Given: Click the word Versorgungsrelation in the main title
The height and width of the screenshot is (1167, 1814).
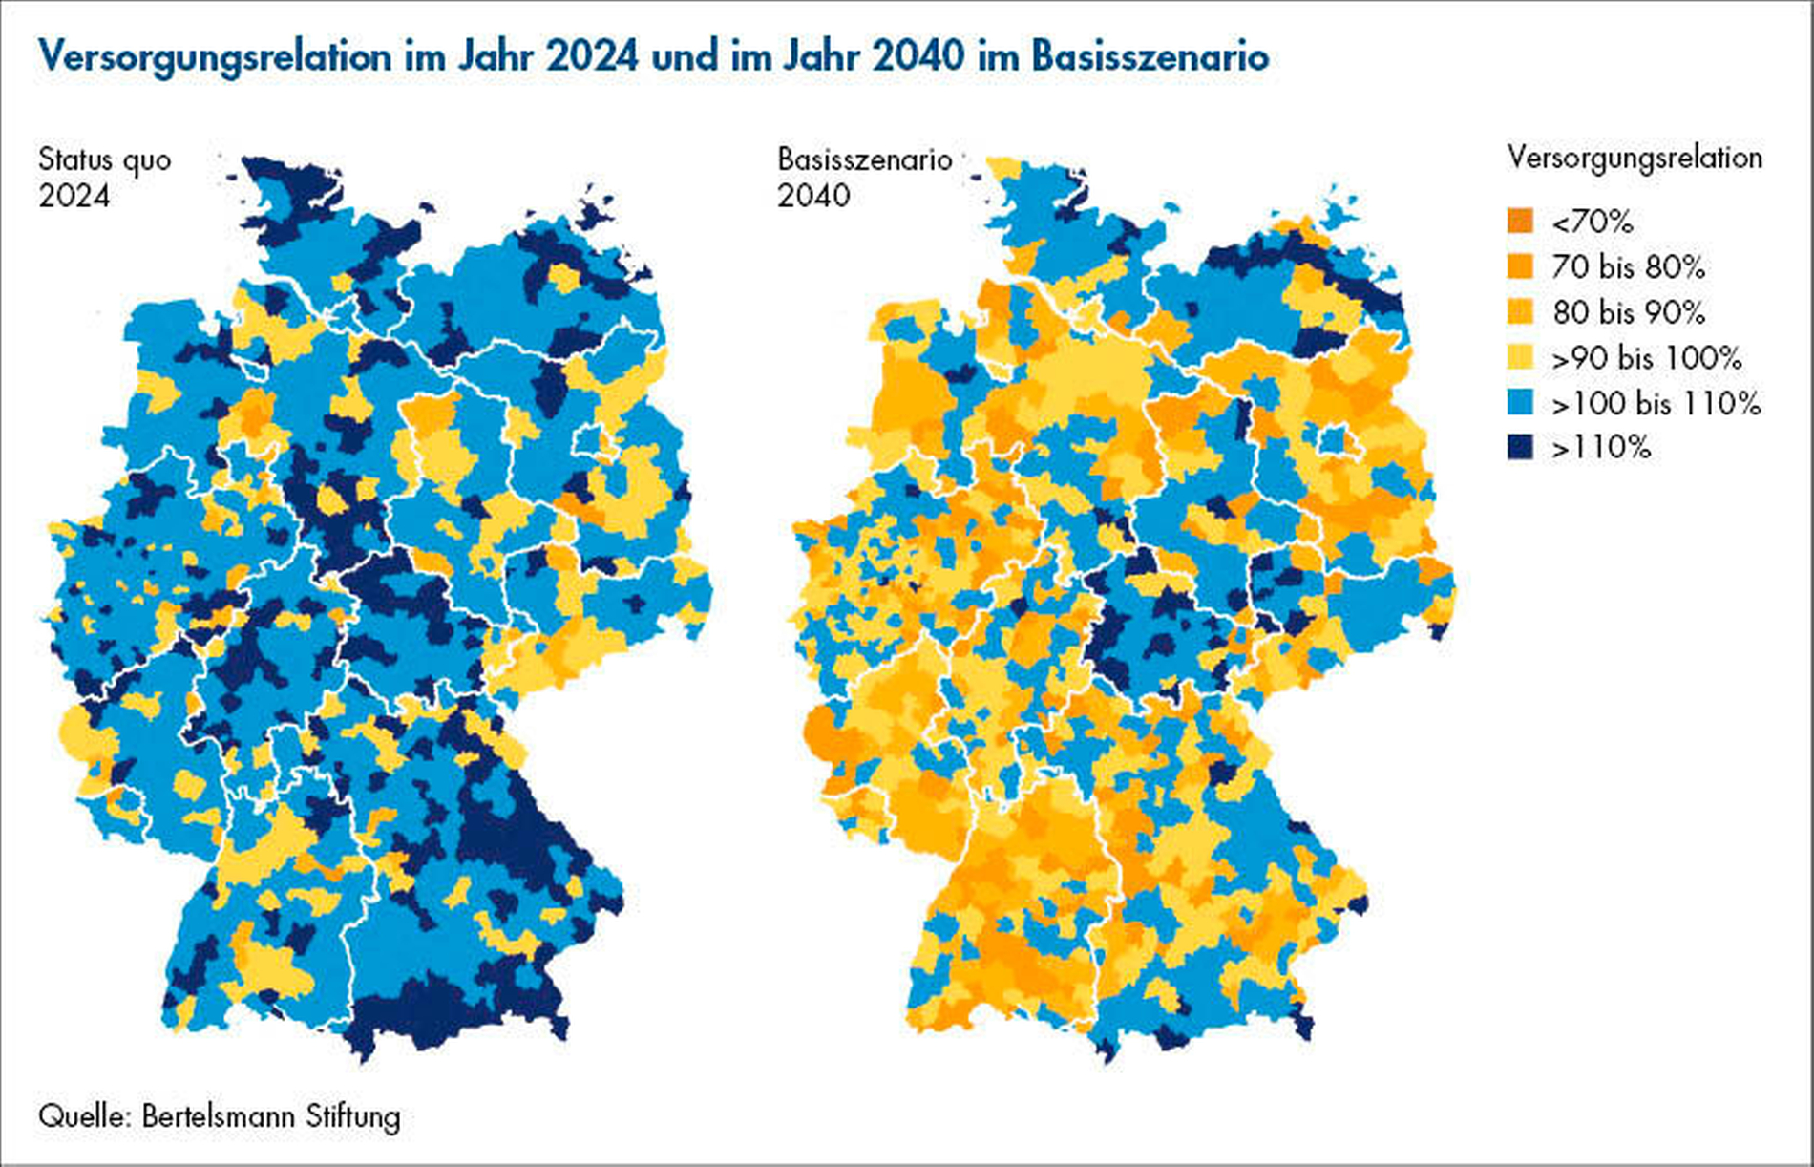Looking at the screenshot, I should (215, 57).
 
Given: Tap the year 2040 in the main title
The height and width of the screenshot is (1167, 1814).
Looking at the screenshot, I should (918, 57).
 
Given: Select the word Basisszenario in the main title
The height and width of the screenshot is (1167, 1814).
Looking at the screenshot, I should (1150, 57).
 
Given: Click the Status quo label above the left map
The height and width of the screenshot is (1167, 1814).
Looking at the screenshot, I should (105, 160).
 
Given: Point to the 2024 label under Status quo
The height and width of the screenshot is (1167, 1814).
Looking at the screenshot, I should (74, 197).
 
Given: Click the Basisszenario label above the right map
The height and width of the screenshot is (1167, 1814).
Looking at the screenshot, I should (864, 159).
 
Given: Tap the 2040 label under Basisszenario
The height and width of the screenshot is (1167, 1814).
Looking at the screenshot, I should (813, 196).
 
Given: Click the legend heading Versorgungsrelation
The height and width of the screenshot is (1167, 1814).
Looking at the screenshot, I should (1635, 158).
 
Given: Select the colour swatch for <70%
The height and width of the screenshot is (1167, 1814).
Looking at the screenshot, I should (1520, 222).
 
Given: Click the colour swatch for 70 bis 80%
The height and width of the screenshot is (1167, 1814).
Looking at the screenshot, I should (1520, 266).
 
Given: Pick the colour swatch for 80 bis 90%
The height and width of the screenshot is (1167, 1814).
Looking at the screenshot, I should (1520, 312).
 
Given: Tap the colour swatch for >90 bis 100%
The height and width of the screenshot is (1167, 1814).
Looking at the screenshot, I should (1520, 357).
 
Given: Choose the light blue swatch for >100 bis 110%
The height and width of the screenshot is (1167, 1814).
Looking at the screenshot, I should (1520, 402).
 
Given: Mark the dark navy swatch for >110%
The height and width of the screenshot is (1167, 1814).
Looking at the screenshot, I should (1520, 447).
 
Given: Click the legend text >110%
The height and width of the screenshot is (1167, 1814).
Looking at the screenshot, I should (1601, 447).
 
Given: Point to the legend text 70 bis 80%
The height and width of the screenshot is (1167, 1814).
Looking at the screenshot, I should (1628, 266).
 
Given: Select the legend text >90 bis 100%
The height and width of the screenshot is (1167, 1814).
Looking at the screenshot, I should (1647, 357).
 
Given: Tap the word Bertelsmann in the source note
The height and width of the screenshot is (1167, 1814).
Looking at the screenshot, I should (218, 1116).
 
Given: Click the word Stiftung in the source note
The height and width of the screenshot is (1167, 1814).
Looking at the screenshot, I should (352, 1116).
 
